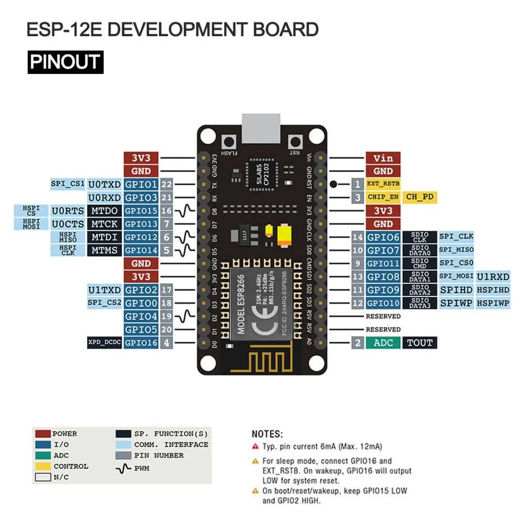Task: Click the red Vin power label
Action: coord(383,158)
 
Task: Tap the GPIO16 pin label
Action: coord(141,343)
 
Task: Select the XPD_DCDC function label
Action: coord(104,343)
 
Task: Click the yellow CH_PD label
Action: coord(420,197)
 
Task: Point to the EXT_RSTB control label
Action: coord(383,184)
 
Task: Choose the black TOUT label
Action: coord(419,343)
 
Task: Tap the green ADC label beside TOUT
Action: coord(383,343)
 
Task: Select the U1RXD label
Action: coord(492,277)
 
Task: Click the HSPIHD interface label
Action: coord(492,290)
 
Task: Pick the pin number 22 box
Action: coord(167,184)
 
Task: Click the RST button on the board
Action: coord(296,142)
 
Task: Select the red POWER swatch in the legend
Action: coord(43,434)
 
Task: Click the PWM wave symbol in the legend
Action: coord(123,467)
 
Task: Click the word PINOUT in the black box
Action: coord(65,62)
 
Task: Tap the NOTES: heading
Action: coord(267,434)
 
